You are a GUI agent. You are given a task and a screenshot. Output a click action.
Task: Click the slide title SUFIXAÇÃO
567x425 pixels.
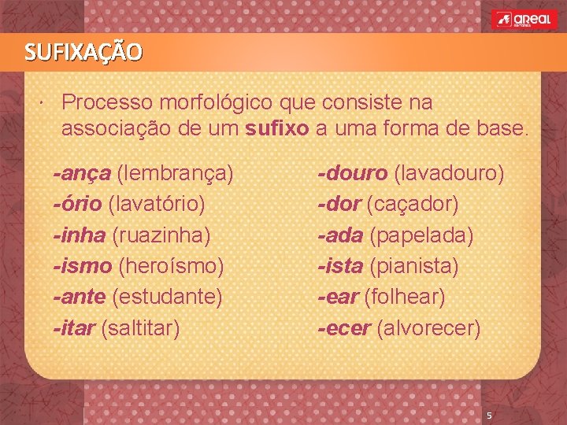coord(83,53)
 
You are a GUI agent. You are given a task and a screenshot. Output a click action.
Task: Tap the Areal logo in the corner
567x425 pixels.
coord(522,20)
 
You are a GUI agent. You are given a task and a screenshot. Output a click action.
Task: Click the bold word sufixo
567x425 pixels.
coord(278,129)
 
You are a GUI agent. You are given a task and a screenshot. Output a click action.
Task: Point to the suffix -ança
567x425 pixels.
coord(82,172)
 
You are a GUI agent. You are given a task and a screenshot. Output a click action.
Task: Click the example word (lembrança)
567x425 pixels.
coord(175,172)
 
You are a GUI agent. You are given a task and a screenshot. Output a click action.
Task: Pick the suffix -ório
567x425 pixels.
coord(77,204)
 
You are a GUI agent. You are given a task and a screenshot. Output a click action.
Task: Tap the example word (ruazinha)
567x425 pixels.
coord(161,235)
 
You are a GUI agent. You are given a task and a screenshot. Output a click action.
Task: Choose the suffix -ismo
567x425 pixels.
coord(82,266)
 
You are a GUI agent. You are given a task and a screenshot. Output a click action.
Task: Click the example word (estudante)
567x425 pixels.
coord(167,297)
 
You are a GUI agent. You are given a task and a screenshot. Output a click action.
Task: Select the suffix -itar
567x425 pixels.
coord(75,327)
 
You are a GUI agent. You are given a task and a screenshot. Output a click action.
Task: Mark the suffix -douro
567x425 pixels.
coord(352,172)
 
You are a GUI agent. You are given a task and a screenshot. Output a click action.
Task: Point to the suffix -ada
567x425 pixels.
coord(339,235)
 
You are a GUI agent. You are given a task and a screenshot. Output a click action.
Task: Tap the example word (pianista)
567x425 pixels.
coord(413,266)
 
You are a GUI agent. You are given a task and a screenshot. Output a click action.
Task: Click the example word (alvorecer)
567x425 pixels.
coord(428,327)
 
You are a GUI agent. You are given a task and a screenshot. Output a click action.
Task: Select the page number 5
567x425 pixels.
coord(489,416)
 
